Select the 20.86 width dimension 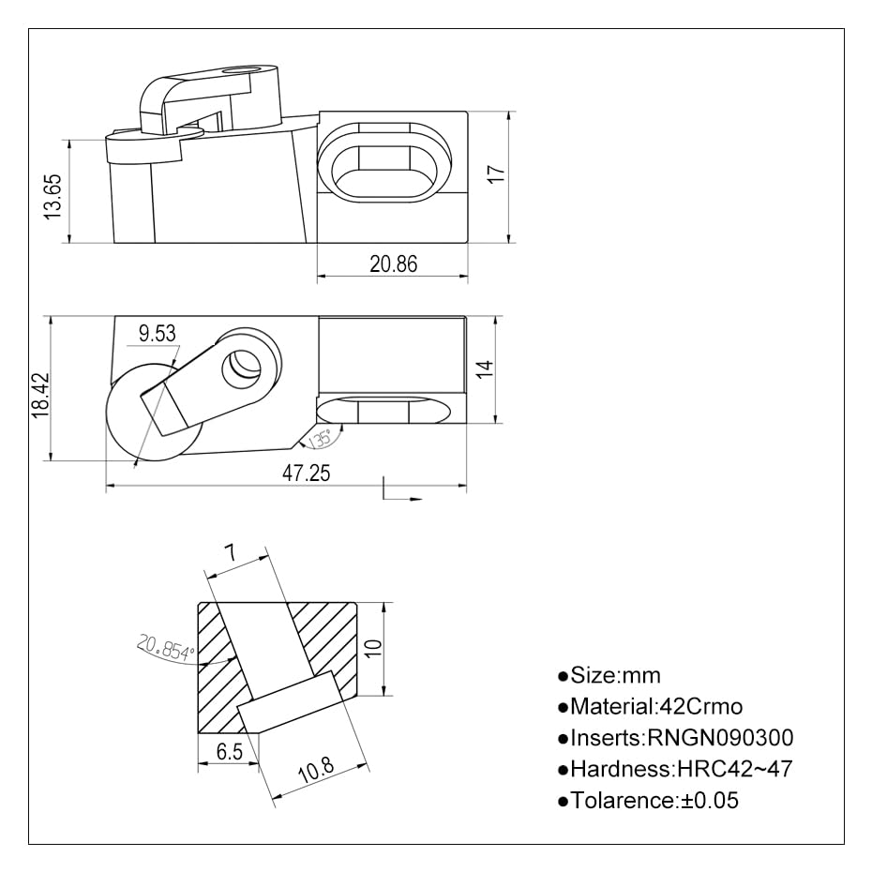pos(393,264)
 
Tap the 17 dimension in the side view pos(497,173)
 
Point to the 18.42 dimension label pos(38,394)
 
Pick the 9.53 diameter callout pos(156,334)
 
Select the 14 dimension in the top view pos(483,368)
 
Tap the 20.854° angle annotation pos(165,648)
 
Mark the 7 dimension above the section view pos(228,554)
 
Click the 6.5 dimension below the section pos(229,751)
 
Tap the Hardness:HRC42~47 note pos(674,770)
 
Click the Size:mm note pos(609,675)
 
